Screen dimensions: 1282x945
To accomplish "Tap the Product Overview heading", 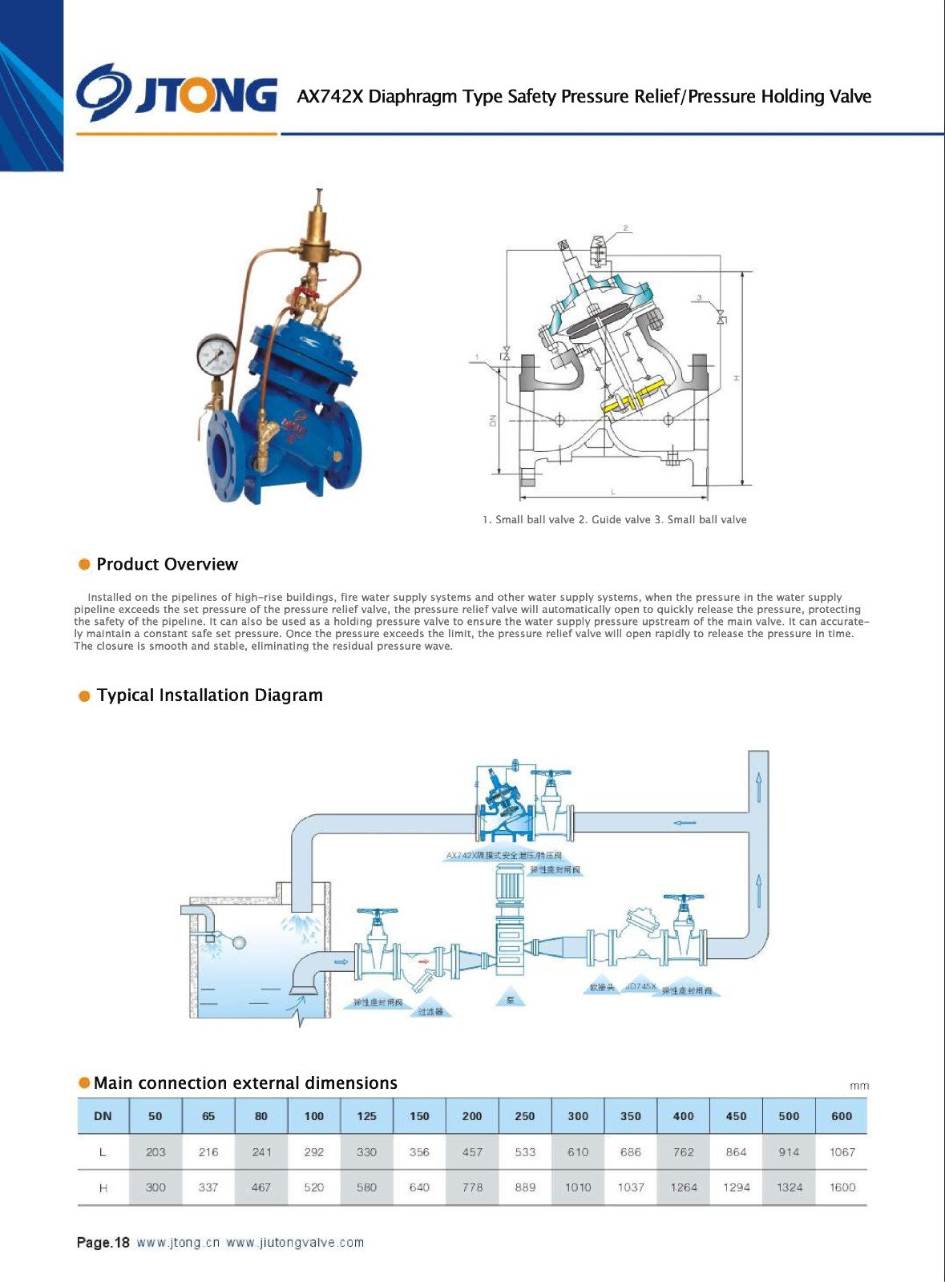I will point(167,564).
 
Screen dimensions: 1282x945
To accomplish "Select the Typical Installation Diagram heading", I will point(209,695).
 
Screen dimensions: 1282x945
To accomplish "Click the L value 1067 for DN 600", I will point(842,1152).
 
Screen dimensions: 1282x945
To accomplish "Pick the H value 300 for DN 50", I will point(155,1187).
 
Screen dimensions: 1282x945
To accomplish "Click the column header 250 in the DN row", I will point(525,1116).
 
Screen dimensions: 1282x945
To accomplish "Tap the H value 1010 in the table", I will point(578,1187).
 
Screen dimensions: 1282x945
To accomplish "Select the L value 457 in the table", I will point(472,1152).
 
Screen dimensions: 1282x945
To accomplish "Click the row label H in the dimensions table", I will point(103,1188).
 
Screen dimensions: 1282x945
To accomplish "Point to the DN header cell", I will point(103,1116).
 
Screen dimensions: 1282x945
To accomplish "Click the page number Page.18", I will point(103,1243).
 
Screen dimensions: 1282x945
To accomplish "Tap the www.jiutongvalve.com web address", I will point(295,1243).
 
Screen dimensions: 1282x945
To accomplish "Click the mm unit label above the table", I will point(858,1086).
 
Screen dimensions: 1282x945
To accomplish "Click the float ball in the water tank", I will point(238,942).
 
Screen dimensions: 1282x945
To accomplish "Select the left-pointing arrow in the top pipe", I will point(685,823).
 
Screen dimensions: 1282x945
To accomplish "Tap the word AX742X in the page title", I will point(329,97).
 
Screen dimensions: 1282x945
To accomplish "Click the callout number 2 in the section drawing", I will point(625,228).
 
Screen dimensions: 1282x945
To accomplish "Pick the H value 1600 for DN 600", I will point(842,1187).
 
